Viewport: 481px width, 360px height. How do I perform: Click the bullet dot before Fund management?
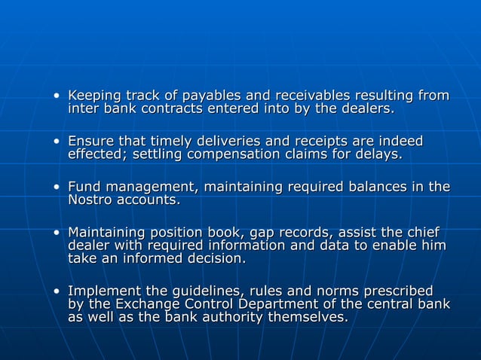point(56,187)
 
